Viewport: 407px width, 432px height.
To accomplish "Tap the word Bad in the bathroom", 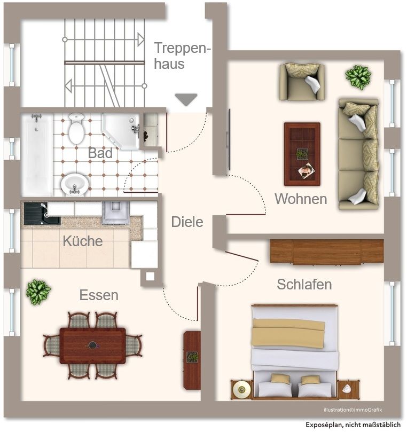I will pos(100,154).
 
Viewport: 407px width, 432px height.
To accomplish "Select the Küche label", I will pos(82,241).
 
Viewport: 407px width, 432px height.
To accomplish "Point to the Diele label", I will pos(187,222).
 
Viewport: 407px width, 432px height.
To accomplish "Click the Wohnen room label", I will pos(301,199).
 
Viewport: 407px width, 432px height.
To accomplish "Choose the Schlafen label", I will pos(304,285).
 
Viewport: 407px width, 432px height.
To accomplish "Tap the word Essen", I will pos(99,295).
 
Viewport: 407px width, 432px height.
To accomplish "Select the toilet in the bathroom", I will pos(76,129).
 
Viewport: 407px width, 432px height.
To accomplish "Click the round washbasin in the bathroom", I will pos(74,184).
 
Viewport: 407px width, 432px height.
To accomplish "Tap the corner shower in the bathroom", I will pos(121,131).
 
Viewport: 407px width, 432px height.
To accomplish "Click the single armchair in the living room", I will pos(302,82).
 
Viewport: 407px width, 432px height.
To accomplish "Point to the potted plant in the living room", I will pos(358,77).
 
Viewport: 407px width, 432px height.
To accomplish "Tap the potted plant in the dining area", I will pos(38,292).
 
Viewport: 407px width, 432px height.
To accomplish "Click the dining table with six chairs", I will pos(92,345).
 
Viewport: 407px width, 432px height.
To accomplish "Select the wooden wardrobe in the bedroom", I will pos(326,251).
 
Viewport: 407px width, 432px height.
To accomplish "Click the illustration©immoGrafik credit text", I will pos(353,410).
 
